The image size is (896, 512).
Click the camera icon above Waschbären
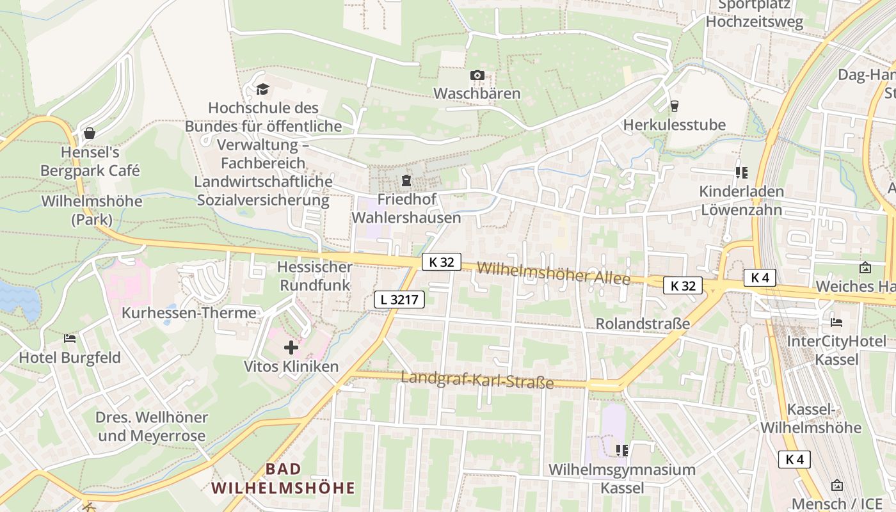click(477, 76)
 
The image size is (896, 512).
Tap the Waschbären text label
click(477, 93)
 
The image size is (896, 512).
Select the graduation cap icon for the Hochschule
click(262, 89)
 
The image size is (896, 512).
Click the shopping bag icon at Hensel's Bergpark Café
click(90, 133)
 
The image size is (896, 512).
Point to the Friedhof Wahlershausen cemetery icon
click(406, 181)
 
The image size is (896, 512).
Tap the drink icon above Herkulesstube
click(674, 106)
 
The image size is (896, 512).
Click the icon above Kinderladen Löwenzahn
click(742, 173)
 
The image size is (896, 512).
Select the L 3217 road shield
click(400, 299)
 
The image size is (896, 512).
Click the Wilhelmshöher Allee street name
click(553, 273)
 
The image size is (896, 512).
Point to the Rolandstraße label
click(643, 323)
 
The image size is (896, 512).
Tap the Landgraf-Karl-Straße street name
click(477, 380)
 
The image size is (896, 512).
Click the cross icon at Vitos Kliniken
click(291, 348)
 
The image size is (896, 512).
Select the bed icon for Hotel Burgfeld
click(70, 339)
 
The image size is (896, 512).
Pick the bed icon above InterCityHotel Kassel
click(836, 322)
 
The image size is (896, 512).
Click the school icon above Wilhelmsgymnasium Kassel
click(621, 451)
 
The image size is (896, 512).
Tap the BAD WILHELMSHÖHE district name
click(283, 479)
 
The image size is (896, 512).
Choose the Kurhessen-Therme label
click(189, 313)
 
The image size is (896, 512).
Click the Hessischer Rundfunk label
click(314, 276)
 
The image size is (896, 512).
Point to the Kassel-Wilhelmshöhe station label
click(811, 419)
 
